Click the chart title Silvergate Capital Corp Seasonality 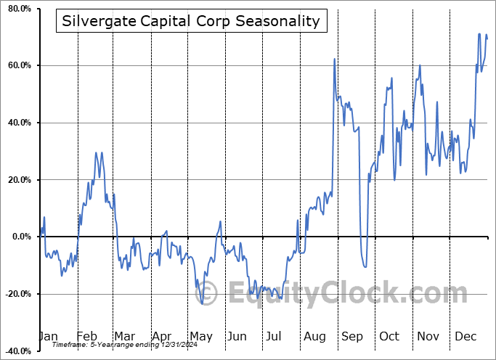(x=191, y=21)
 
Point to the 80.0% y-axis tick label (x=18, y=9)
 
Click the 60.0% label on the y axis (x=18, y=66)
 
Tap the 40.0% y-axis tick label (x=18, y=123)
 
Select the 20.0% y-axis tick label (x=18, y=180)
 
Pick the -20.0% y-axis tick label (x=17, y=294)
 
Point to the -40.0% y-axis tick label (x=17, y=351)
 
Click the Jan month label (x=48, y=336)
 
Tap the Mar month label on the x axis (x=123, y=336)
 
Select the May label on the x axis (x=200, y=336)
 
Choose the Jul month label (x=275, y=336)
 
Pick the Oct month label (x=389, y=336)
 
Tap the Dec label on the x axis (x=465, y=336)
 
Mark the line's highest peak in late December (x=479, y=33)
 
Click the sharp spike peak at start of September (x=334, y=59)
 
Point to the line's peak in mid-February (x=96, y=153)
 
